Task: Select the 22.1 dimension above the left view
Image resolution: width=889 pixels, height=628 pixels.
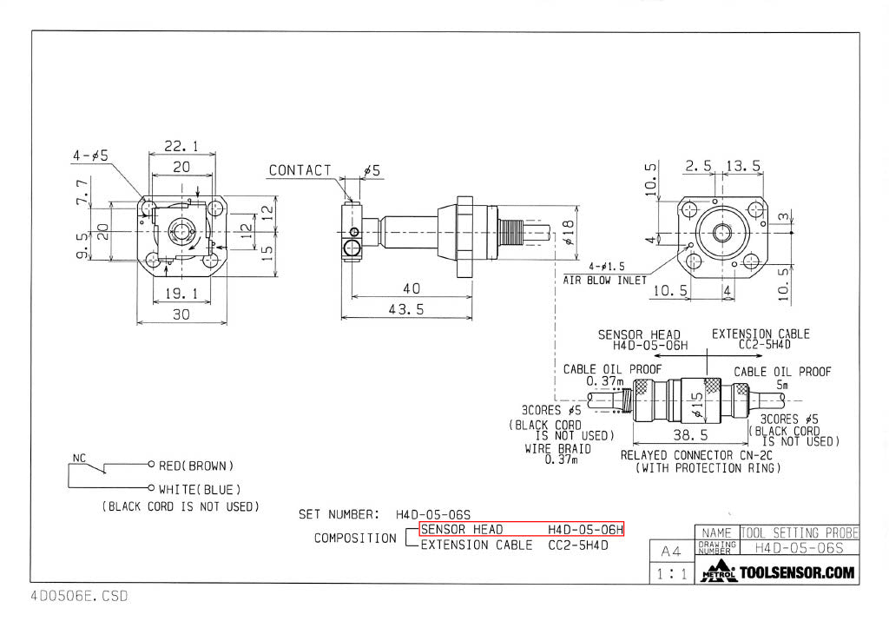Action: (x=181, y=147)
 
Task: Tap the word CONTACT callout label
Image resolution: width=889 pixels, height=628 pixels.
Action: (x=300, y=170)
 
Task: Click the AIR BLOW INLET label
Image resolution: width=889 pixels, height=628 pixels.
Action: (x=606, y=280)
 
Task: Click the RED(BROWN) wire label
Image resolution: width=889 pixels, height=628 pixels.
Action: (x=195, y=466)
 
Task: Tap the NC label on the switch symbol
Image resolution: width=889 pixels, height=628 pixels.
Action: (x=79, y=457)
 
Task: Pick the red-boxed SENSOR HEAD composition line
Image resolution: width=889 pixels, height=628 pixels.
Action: (x=521, y=529)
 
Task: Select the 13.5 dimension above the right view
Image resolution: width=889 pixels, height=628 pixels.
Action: (x=744, y=166)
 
